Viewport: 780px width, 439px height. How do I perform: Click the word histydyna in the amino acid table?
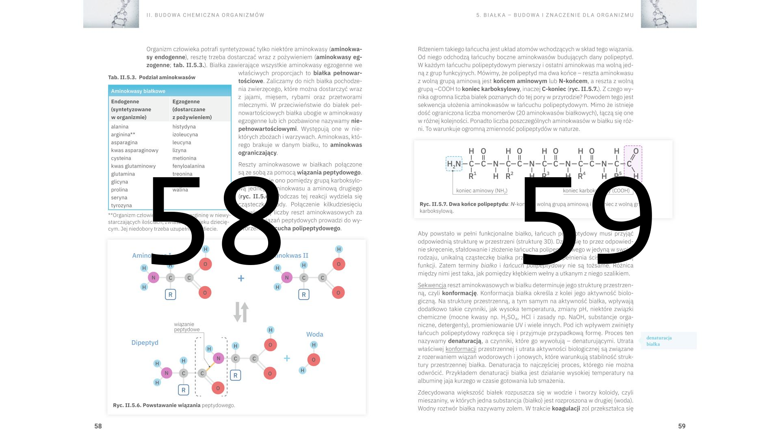(x=184, y=127)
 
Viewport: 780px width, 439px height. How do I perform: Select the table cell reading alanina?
(x=119, y=127)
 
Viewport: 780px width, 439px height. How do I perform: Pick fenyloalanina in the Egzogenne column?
(x=188, y=166)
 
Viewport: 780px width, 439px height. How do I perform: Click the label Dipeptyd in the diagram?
(x=145, y=343)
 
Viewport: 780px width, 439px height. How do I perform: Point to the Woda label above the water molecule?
(x=314, y=335)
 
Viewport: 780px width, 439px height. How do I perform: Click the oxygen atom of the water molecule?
(x=313, y=360)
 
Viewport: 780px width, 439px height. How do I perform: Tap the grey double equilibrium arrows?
(x=241, y=312)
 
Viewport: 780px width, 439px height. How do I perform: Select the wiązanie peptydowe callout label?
(x=187, y=327)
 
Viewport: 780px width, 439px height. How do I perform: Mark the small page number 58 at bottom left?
(x=98, y=426)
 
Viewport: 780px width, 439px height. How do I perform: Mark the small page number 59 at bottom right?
(x=682, y=426)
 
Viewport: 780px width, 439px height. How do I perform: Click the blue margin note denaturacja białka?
(x=659, y=341)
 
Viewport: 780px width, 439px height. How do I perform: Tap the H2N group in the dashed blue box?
(x=454, y=164)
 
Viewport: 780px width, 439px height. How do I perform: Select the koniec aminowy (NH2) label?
(x=481, y=191)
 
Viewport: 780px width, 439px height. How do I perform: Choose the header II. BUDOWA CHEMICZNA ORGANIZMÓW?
(x=205, y=15)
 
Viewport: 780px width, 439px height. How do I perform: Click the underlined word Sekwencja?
(x=431, y=285)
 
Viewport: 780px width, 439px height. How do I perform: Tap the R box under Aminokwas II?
(x=303, y=294)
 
